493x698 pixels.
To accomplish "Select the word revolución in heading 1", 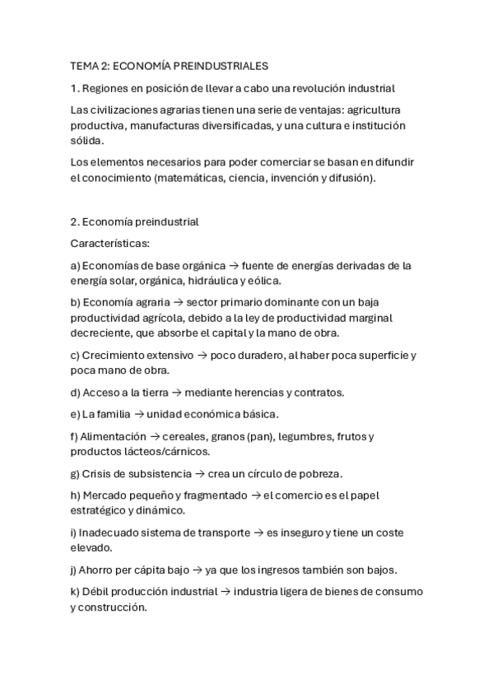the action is (x=310, y=87).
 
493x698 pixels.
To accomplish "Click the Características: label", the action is (x=109, y=244).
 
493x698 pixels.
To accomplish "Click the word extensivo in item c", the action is (x=166, y=355).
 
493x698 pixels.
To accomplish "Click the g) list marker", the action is (x=75, y=473).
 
